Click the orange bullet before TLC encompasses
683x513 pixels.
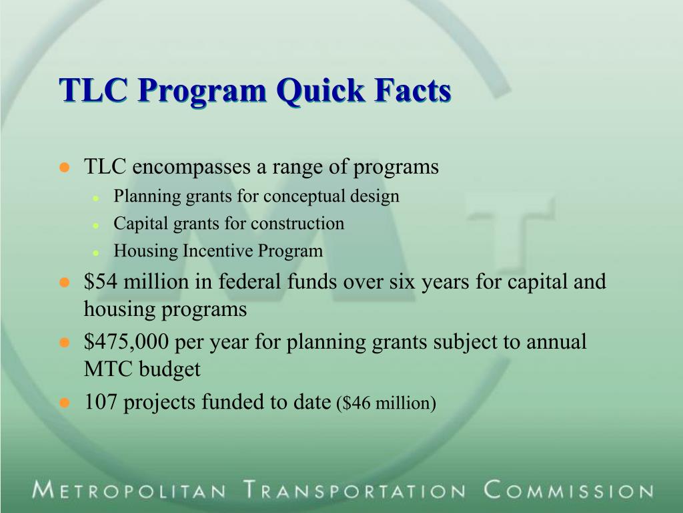click(65, 168)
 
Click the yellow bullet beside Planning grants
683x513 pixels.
click(96, 198)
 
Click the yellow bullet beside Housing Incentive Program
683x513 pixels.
click(96, 253)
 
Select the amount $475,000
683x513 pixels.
click(127, 342)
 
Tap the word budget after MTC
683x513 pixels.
click(169, 369)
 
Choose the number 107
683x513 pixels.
click(101, 402)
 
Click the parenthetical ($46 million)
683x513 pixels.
click(386, 403)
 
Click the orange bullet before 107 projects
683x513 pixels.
click(65, 403)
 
